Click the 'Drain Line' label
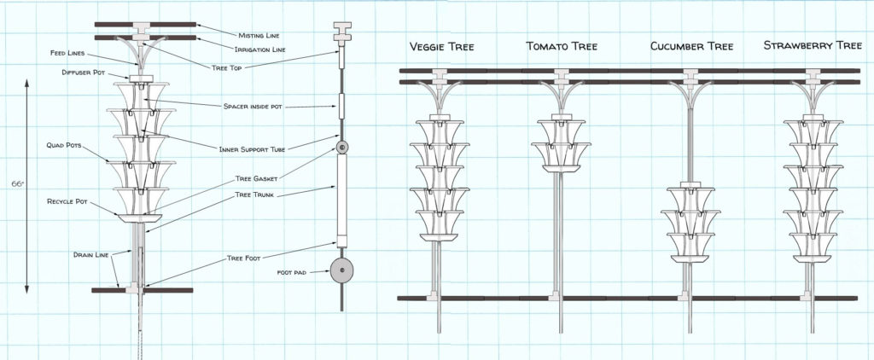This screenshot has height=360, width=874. pos(90,253)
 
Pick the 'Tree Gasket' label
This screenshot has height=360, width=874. pos(254,179)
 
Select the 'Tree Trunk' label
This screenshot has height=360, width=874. pos(253,195)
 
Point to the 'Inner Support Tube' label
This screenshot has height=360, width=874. pos(255,148)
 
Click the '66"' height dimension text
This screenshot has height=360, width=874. pos(15,183)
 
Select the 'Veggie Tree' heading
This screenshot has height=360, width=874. pos(442,45)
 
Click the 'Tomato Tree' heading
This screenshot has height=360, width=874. pos(561,45)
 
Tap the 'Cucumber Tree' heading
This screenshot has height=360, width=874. pos(690,45)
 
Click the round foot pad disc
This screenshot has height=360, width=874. pos(342,272)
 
